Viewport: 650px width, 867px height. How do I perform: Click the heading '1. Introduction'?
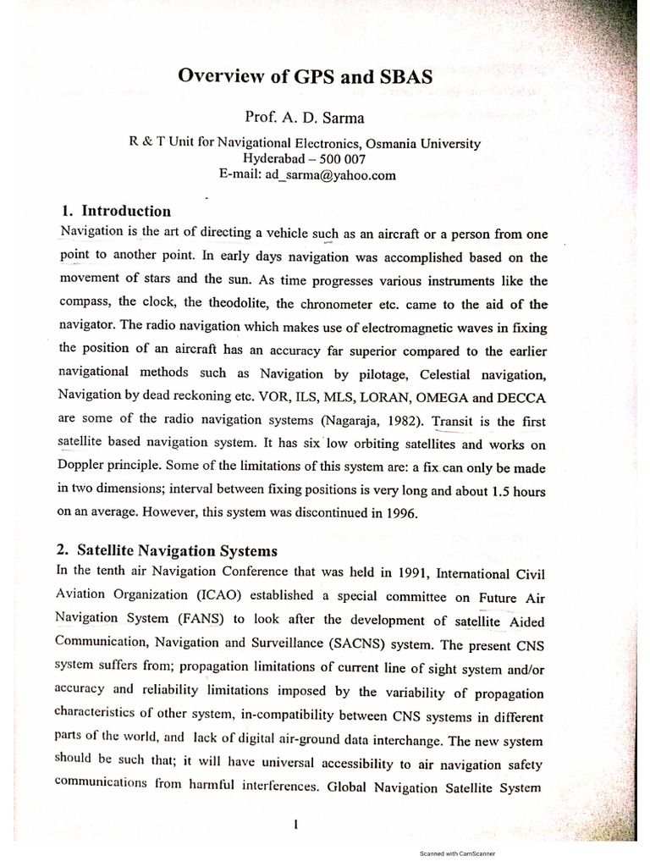point(116,211)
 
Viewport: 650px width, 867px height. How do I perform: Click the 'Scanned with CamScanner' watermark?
point(457,854)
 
